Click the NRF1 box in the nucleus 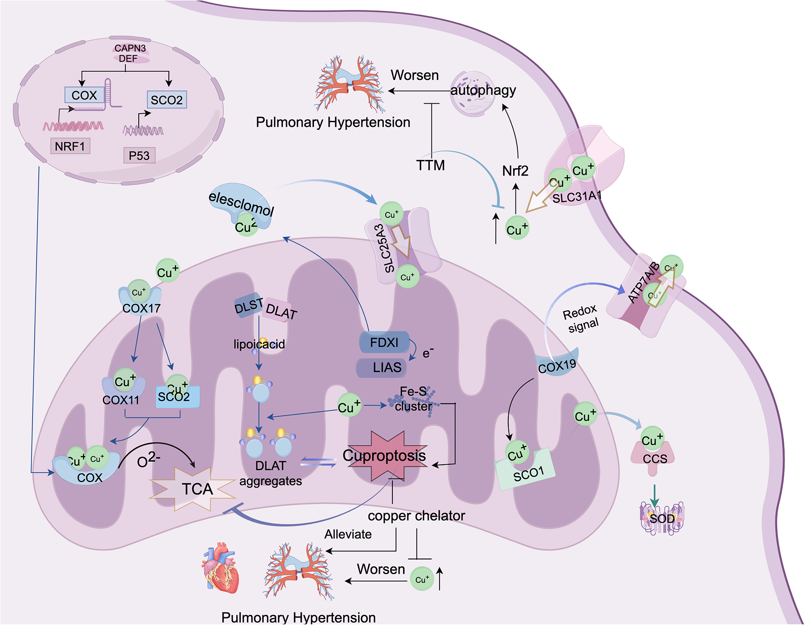coord(70,146)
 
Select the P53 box coord(139,155)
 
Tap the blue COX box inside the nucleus coord(84,95)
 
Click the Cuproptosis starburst coord(384,456)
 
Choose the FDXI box coord(384,343)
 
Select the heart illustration coord(220,568)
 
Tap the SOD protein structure coord(662,518)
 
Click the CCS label coord(655,459)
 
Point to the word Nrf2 coord(515,171)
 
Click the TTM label coord(430,166)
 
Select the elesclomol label coord(242,203)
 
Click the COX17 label coord(141,308)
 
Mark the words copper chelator coord(416,516)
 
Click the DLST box coord(249,306)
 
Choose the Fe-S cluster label coord(413,399)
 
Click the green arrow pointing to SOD coord(655,495)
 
